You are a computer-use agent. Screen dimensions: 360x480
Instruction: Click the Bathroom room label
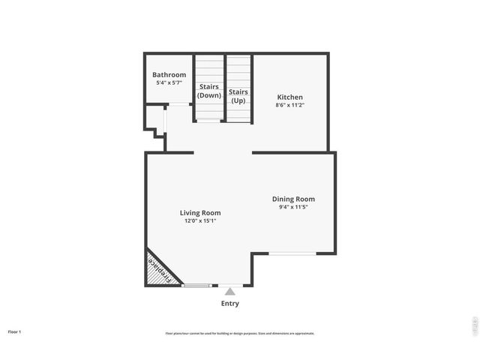(169, 75)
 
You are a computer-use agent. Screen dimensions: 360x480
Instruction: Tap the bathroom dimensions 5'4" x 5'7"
(169, 82)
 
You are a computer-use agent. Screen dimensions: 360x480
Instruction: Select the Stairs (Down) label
(208, 91)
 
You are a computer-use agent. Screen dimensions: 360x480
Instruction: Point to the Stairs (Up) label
(238, 96)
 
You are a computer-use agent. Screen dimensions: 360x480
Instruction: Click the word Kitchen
(290, 97)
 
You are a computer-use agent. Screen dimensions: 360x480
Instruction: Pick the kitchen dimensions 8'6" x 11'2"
(290, 106)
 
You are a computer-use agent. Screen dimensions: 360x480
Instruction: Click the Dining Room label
(292, 199)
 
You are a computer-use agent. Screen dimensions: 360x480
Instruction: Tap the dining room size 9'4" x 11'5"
(292, 207)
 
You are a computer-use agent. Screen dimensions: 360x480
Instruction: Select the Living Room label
(200, 213)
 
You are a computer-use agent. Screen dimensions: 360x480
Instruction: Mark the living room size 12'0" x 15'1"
(200, 221)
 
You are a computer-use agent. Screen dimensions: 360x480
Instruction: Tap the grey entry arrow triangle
(230, 290)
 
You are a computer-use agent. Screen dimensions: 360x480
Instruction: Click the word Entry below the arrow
(230, 304)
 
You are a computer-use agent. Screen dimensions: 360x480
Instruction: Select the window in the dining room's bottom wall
(292, 253)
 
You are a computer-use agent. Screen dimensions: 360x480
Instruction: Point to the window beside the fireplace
(196, 286)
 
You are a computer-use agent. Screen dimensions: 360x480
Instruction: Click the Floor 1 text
(15, 331)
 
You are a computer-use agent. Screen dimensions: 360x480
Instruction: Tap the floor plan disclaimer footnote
(240, 333)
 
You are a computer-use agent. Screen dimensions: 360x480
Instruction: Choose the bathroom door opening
(178, 105)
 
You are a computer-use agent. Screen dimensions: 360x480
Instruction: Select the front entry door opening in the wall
(230, 285)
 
